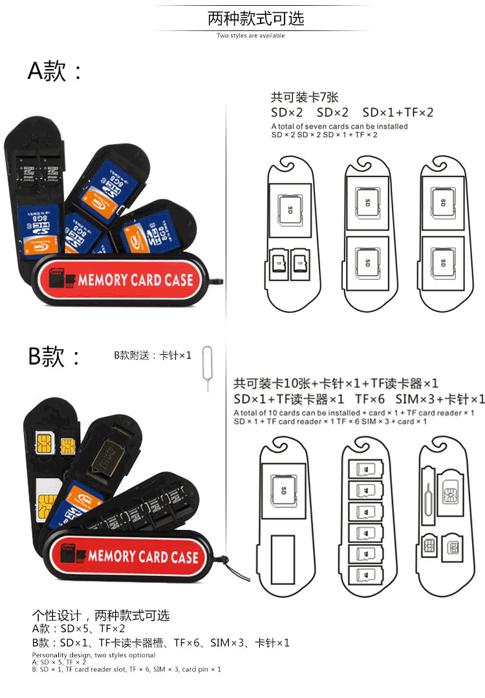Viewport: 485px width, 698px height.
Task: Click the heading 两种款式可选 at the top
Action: [x=255, y=18]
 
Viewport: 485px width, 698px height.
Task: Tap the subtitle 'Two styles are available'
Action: [x=250, y=36]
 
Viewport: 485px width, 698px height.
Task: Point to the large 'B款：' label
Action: [x=55, y=356]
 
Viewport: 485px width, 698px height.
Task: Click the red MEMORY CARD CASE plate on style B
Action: [x=132, y=556]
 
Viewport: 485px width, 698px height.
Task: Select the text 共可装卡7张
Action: [x=304, y=98]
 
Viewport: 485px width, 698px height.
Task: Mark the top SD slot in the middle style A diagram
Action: [x=367, y=202]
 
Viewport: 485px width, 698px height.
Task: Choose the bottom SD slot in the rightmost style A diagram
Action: [x=443, y=262]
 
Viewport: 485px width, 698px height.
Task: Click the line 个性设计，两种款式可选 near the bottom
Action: [x=101, y=615]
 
